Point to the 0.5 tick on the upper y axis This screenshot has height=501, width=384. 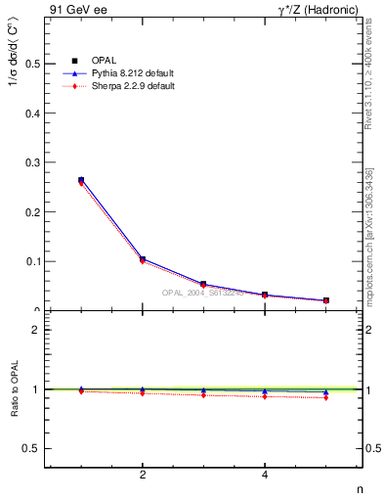coord(32,64)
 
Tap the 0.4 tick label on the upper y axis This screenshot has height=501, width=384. coord(32,113)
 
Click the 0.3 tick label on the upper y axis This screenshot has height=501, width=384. coord(32,162)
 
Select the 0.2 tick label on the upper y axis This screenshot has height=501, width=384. coord(32,211)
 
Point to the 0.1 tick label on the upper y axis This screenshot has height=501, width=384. coord(32,261)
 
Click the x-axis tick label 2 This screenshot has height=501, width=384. coord(143,475)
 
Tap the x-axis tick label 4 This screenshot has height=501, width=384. coord(265,475)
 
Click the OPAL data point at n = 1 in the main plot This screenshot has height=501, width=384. coord(81,180)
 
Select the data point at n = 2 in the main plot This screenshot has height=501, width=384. coord(143,259)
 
